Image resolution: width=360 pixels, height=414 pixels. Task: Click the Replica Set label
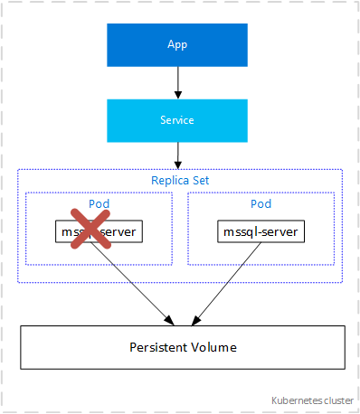[180, 180]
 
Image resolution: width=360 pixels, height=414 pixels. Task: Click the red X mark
[85, 231]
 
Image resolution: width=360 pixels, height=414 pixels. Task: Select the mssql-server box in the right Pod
[261, 232]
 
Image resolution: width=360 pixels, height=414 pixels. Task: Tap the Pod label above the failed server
[99, 203]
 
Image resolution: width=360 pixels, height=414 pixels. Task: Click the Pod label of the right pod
[261, 203]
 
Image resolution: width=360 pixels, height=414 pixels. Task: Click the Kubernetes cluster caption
[312, 399]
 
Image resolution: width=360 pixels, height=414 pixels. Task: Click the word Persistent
[159, 347]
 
